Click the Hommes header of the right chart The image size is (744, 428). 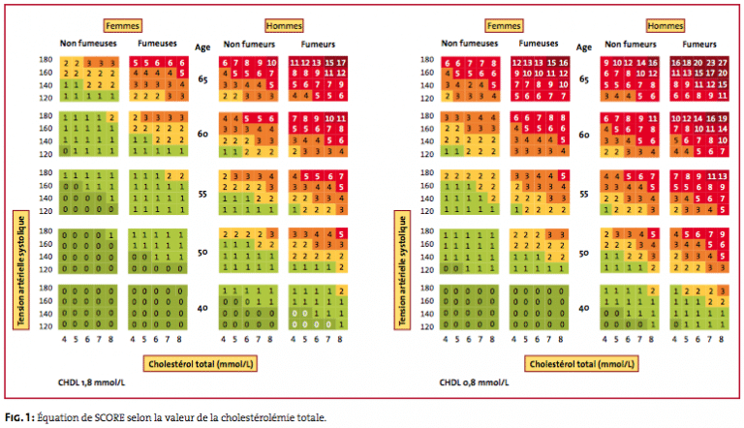[664, 25]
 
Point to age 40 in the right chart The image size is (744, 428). [584, 309]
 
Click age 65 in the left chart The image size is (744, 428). [204, 80]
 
